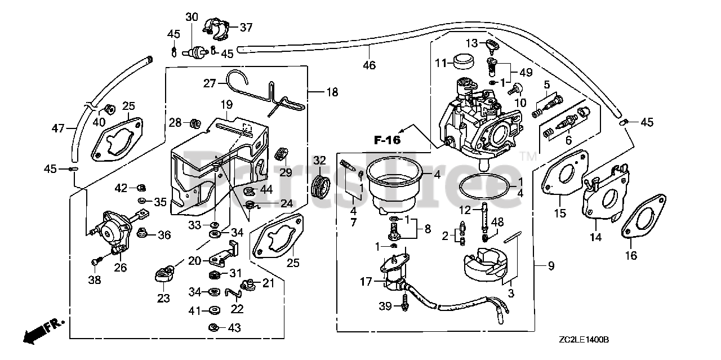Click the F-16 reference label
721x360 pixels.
(387, 140)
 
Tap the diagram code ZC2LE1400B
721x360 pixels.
(584, 340)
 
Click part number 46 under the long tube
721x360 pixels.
(369, 65)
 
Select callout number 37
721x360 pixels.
(246, 28)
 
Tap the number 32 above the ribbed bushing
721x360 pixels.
(319, 161)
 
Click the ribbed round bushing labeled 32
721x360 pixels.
(322, 187)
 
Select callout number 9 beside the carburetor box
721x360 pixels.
(551, 266)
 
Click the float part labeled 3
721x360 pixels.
(485, 265)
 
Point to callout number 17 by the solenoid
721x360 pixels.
(366, 282)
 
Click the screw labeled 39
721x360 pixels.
(405, 303)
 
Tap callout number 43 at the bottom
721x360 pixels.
(234, 328)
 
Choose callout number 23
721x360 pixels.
(163, 298)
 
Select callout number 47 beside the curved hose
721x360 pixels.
(58, 128)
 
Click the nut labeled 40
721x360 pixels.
(109, 109)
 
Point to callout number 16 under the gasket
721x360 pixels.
(631, 255)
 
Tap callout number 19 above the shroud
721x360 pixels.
(226, 104)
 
